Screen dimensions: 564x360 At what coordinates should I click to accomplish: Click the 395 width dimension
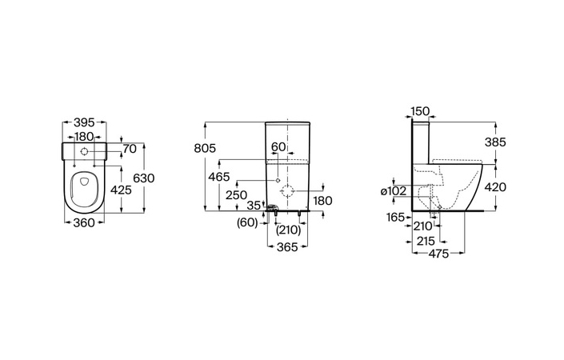pos(84,122)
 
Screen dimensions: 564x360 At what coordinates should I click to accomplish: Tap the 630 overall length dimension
pos(144,178)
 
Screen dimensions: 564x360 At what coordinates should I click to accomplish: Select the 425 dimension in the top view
pos(121,190)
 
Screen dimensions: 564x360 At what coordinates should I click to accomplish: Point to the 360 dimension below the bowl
pos(84,223)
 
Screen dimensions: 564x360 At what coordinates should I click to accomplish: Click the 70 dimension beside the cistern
pos(130,148)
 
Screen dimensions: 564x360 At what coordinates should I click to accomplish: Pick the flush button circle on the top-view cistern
pos(84,151)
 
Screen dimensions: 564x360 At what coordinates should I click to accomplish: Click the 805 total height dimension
pos(205,148)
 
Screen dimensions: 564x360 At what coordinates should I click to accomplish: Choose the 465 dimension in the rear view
pos(219,177)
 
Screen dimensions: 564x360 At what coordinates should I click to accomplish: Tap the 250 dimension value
pos(236,195)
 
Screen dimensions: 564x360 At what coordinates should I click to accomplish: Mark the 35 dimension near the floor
pos(254,206)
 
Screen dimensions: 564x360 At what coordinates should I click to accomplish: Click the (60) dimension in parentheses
pos(247,223)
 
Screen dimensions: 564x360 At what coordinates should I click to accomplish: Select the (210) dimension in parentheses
pos(289,230)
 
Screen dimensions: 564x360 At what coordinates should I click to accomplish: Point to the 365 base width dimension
pos(287,247)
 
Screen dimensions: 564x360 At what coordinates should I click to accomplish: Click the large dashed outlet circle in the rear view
pos(287,191)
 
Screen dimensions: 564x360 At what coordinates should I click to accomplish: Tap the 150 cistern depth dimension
pos(421,111)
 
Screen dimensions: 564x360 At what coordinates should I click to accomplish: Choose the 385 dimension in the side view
pos(495,142)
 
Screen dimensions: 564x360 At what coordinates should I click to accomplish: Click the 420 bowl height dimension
pos(495,187)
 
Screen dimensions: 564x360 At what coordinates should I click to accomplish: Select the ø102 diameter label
pos(394,191)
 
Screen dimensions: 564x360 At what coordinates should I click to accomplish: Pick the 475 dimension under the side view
pos(439,254)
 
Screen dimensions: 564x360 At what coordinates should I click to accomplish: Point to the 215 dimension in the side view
pos(426,241)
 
